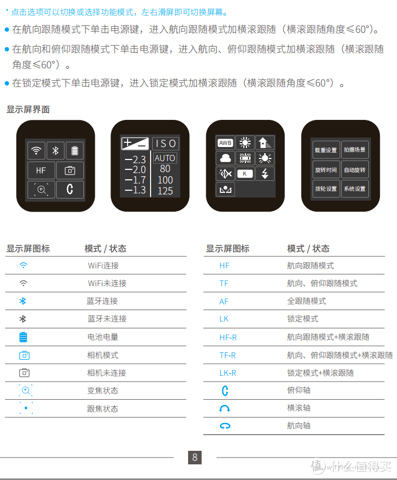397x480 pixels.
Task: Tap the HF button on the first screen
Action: [41, 170]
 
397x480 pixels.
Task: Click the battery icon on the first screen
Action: [75, 151]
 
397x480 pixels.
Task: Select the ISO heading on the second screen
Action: [166, 143]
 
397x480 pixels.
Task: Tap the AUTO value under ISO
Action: [165, 158]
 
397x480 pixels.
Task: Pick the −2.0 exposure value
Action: [135, 169]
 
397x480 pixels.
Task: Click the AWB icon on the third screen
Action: [225, 143]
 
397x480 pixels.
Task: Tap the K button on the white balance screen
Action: [245, 174]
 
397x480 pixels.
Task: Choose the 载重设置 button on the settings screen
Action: [326, 150]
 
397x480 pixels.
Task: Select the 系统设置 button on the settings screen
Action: [355, 189]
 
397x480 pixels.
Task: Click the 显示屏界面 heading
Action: [28, 109]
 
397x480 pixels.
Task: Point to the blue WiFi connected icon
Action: [23, 265]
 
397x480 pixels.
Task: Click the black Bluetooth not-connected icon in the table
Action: [22, 318]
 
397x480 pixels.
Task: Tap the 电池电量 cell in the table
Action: [103, 337]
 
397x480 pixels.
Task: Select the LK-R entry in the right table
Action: [228, 373]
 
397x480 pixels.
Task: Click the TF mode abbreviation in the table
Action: [224, 283]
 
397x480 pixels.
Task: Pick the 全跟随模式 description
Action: [307, 301]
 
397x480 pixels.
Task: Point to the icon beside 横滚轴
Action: [225, 409]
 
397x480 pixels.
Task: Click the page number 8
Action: [195, 458]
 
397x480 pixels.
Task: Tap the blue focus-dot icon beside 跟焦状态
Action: [26, 408]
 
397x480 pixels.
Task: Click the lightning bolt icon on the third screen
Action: [265, 174]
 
